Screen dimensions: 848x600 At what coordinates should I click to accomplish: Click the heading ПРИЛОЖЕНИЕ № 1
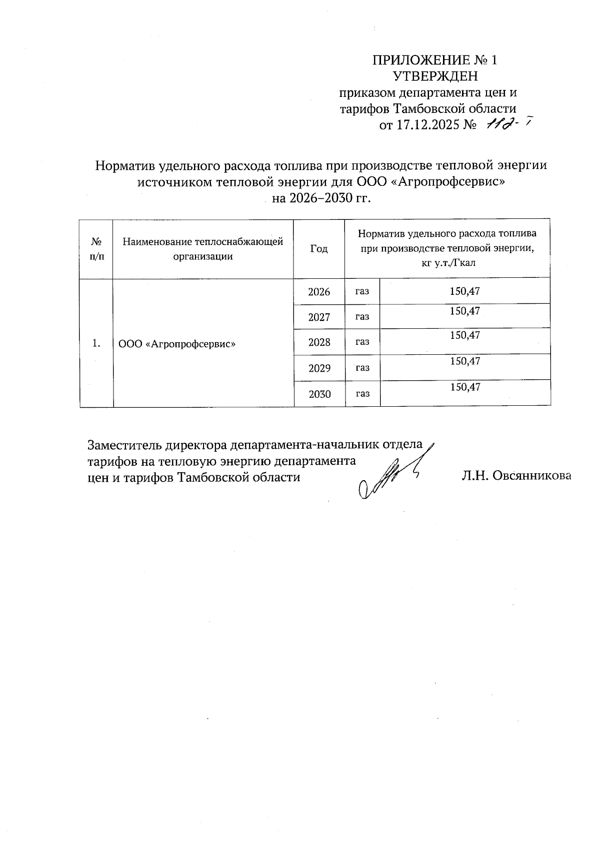pyautogui.click(x=434, y=60)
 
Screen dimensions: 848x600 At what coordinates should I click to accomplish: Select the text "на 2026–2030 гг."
pyautogui.click(x=322, y=198)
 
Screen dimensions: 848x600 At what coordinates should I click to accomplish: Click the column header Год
pyautogui.click(x=319, y=249)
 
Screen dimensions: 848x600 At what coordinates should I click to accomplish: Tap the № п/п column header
pyautogui.click(x=96, y=249)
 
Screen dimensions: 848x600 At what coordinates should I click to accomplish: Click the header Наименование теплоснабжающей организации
pyautogui.click(x=203, y=249)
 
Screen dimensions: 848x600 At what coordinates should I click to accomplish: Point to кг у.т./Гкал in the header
pyautogui.click(x=447, y=263)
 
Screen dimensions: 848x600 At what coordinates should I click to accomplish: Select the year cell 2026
pyautogui.click(x=319, y=292)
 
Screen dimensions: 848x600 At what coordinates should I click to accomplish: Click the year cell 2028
pyautogui.click(x=319, y=342)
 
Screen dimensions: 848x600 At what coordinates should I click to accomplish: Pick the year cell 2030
pyautogui.click(x=319, y=394)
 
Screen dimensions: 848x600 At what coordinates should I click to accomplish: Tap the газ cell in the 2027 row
pyautogui.click(x=362, y=316)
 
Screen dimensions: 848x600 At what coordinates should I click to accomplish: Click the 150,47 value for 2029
pyautogui.click(x=465, y=361)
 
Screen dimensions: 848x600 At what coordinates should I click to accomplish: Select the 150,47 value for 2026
pyautogui.click(x=465, y=291)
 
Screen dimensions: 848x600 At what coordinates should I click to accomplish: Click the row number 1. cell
pyautogui.click(x=96, y=343)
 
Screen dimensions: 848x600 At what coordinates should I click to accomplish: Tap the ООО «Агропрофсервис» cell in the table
pyautogui.click(x=177, y=344)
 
